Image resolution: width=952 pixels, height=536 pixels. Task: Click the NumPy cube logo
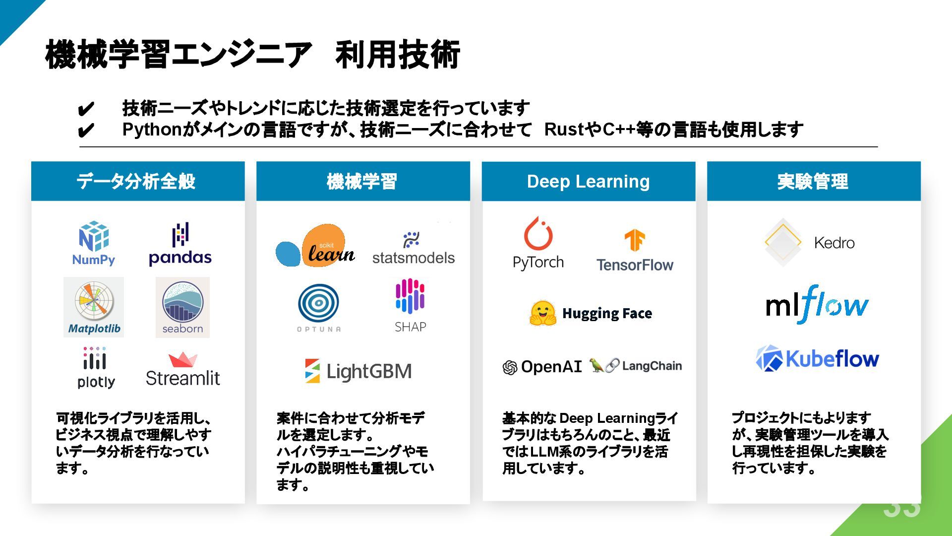(94, 236)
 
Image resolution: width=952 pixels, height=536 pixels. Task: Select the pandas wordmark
(180, 258)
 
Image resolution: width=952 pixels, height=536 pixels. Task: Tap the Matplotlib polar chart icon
(94, 301)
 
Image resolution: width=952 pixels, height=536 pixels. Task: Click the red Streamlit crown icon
(182, 359)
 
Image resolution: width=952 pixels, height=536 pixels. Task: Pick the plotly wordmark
(96, 382)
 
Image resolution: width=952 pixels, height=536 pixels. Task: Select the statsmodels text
(413, 258)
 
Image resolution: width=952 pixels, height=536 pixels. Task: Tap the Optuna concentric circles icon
(318, 303)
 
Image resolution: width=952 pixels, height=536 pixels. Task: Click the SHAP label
(410, 327)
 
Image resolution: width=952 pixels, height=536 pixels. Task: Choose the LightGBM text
(369, 371)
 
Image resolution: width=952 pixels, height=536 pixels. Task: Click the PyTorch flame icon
(538, 234)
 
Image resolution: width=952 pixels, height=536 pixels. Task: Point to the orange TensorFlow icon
(634, 240)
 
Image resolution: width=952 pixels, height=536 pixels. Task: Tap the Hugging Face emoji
(542, 313)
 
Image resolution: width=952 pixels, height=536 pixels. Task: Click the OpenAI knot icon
(510, 367)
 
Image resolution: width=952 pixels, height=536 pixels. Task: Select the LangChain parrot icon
(596, 365)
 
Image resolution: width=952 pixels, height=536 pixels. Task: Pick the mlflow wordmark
(817, 304)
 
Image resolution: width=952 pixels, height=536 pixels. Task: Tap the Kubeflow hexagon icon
(769, 358)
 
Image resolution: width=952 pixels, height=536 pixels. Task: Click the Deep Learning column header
(588, 181)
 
